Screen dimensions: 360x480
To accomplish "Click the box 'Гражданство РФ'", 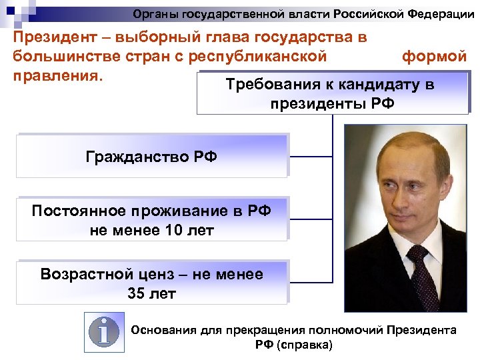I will coord(151,157).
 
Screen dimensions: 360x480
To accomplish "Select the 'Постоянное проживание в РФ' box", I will coord(151,220).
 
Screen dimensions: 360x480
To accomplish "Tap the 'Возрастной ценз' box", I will coord(151,283).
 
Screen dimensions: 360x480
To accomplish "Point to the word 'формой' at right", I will coord(434,56).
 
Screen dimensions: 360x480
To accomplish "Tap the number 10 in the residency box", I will coord(170,231).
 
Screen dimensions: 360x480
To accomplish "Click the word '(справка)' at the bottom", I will coord(304,345).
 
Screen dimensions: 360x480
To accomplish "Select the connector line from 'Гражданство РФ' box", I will coord(311,157).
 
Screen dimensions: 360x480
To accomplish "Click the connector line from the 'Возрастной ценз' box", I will coord(311,282).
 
